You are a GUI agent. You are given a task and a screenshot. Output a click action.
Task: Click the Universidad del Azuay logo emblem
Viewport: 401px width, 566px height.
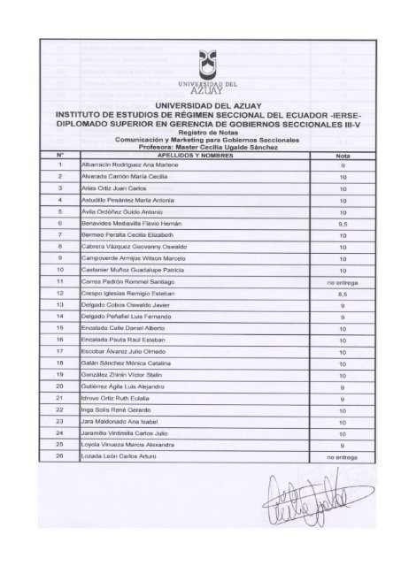pyautogui.click(x=204, y=61)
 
